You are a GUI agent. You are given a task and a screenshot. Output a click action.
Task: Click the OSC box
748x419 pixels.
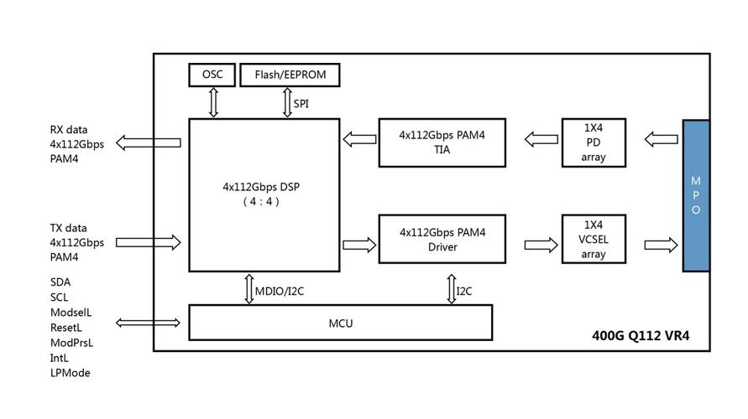(x=212, y=75)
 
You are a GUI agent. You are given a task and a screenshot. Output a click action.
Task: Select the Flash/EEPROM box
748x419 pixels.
(x=290, y=75)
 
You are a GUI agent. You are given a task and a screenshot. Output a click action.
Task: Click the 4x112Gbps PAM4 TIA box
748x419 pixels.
(x=442, y=142)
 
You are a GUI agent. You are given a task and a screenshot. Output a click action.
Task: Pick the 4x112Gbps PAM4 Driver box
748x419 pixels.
(x=442, y=239)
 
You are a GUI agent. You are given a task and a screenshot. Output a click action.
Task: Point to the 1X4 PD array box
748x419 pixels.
(x=594, y=142)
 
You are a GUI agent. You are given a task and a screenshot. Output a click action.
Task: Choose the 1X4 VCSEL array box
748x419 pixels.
(x=594, y=239)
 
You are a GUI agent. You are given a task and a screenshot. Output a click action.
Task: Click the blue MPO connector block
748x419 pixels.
(x=695, y=195)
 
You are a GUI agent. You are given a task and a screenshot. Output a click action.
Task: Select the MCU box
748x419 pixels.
(x=340, y=323)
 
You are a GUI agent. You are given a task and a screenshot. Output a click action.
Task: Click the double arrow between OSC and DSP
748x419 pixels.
(x=213, y=102)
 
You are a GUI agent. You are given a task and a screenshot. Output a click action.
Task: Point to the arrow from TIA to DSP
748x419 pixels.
(x=358, y=140)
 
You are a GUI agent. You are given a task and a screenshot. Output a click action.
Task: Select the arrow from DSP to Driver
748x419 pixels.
(x=360, y=245)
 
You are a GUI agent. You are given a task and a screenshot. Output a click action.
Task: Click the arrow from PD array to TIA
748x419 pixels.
(x=541, y=139)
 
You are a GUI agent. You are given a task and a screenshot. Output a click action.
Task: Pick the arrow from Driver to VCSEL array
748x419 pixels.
(x=541, y=245)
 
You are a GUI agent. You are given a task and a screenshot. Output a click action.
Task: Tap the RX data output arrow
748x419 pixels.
(x=149, y=143)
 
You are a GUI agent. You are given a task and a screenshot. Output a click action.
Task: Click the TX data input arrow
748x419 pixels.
(x=149, y=242)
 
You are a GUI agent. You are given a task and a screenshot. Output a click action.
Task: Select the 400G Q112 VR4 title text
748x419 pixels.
(x=641, y=337)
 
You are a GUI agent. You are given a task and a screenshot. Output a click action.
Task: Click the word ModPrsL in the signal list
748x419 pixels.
(x=71, y=343)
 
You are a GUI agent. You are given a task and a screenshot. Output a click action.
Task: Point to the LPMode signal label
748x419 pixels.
(x=70, y=373)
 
